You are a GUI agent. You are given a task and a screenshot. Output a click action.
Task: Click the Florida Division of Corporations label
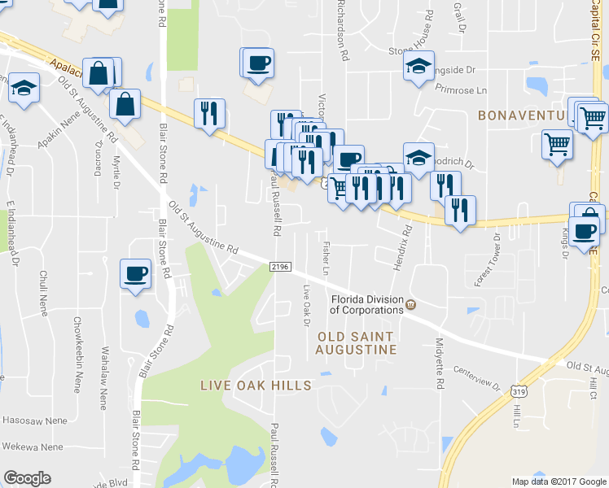[x=366, y=303]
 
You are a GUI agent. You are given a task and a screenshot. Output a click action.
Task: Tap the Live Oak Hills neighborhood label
[x=256, y=385]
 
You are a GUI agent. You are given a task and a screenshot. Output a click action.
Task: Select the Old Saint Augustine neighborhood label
[x=356, y=342]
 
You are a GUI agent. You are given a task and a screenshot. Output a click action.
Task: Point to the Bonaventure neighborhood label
[x=522, y=115]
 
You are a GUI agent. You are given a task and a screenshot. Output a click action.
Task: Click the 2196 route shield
[x=279, y=267]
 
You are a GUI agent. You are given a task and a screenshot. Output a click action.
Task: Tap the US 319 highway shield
[x=519, y=391]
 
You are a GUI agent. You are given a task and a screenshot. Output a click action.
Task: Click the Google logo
[x=27, y=477]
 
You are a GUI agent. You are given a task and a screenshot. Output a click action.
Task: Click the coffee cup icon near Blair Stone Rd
[x=135, y=273]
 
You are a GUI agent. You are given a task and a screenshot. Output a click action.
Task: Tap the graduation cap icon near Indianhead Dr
[x=24, y=88]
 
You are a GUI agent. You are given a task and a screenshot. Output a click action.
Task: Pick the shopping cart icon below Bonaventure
[x=557, y=144]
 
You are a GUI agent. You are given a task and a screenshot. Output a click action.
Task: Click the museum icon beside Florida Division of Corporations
[x=410, y=306]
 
